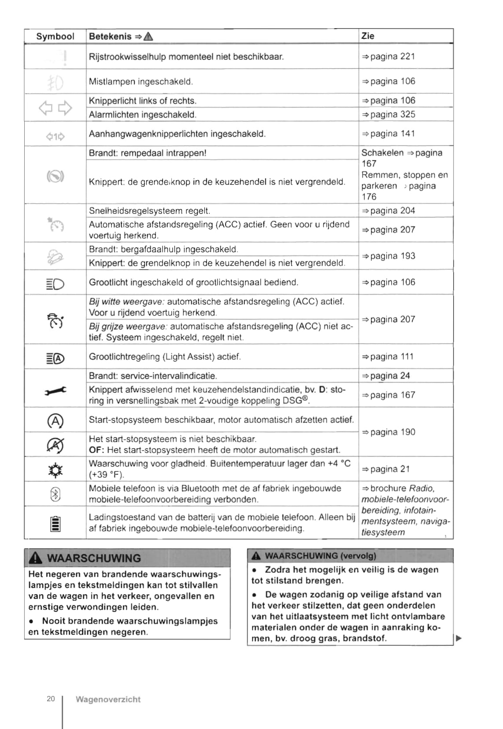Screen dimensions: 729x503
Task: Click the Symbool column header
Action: coord(55,37)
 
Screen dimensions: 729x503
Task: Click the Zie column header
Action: coord(368,36)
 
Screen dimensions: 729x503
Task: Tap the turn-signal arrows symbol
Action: coord(55,108)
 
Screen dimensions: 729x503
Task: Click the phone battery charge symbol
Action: coord(55,524)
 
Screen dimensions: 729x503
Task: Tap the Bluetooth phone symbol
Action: coord(55,495)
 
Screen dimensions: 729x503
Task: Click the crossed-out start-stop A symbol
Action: coord(55,445)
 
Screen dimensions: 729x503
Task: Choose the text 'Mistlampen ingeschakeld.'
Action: coord(141,82)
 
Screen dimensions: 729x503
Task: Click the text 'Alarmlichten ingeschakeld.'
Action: coord(143,115)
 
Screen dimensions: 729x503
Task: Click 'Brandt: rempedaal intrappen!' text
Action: coord(148,153)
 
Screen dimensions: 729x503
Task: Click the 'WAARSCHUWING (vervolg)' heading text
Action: coord(320,556)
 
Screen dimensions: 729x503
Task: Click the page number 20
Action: coord(51,699)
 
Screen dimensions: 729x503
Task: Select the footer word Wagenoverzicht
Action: coord(108,699)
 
